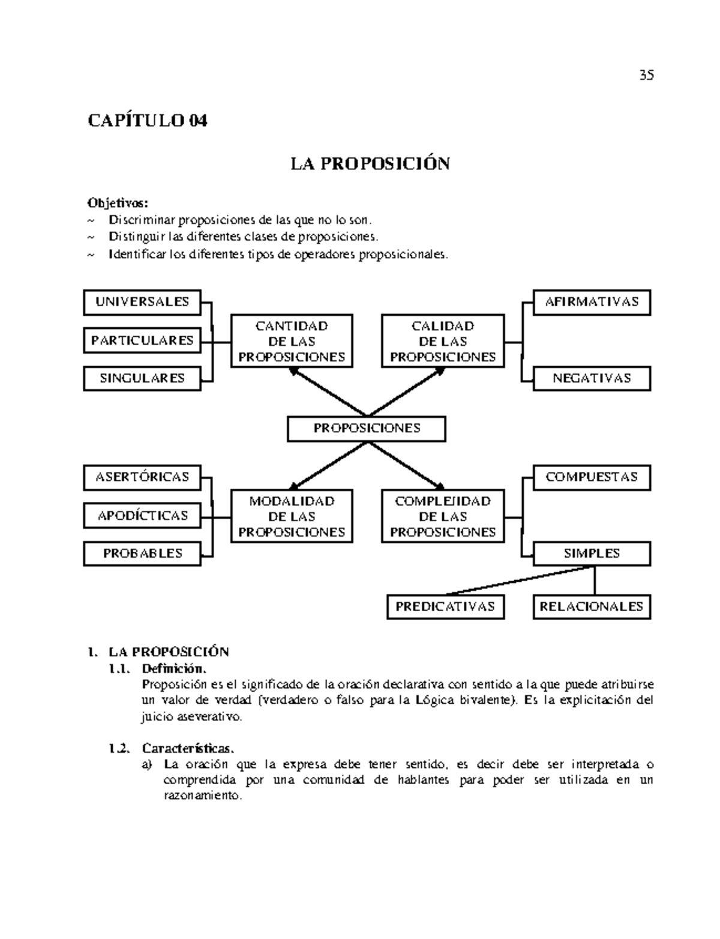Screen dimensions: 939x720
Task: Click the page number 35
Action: coord(646,75)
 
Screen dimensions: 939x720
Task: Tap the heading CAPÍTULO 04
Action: coord(148,121)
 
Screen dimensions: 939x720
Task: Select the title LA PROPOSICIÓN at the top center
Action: coord(370,163)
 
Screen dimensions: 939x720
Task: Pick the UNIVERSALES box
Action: coord(142,302)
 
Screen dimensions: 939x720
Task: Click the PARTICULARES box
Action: coord(142,340)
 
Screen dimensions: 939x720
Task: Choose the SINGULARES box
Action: coord(142,378)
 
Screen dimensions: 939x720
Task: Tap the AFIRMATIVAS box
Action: coord(592,302)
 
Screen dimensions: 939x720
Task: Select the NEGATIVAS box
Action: coord(592,378)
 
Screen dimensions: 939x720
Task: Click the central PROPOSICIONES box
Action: coord(367,429)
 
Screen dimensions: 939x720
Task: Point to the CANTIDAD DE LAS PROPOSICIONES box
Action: coord(292,341)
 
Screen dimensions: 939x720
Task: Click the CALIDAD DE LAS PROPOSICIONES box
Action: coord(443,341)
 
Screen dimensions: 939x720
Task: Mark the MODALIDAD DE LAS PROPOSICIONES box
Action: coord(292,516)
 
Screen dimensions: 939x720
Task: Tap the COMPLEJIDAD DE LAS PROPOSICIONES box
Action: coord(443,516)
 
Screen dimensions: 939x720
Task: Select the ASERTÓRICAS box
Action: coord(142,477)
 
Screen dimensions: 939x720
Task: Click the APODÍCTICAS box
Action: coord(142,516)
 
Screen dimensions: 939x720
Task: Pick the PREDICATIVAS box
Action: coord(445,606)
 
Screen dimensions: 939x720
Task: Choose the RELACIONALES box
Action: coord(592,606)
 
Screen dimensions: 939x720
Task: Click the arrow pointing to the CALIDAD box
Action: coord(408,391)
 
